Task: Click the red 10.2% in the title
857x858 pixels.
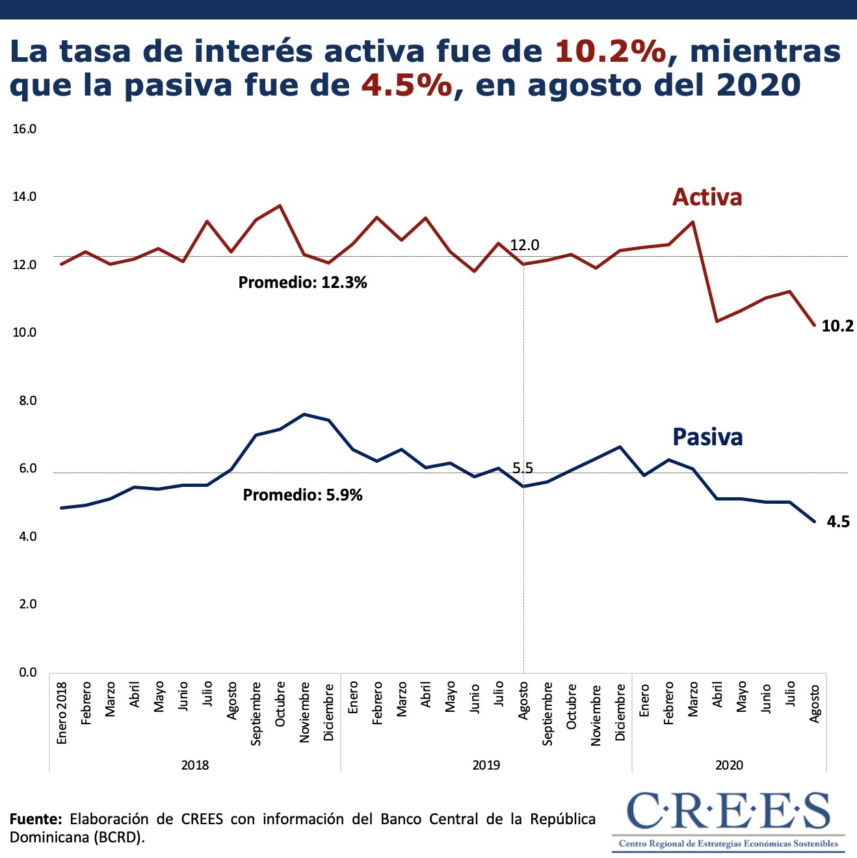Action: point(611,52)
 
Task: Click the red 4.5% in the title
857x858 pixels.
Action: point(406,85)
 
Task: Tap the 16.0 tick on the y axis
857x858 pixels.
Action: point(24,129)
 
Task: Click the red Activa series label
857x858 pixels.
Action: point(707,197)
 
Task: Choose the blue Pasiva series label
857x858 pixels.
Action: point(707,437)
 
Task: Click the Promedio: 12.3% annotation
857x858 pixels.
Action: point(302,283)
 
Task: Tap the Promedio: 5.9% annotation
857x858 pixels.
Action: point(302,495)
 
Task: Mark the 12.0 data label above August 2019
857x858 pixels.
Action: point(524,245)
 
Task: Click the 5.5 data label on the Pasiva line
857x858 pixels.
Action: point(522,468)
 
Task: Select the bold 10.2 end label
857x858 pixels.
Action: point(837,326)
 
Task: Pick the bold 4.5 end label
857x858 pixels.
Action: point(838,521)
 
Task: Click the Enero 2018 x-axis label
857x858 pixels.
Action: point(62,713)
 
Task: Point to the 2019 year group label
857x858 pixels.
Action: point(486,765)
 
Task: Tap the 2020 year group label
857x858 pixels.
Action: point(729,765)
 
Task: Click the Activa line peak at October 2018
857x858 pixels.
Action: point(280,206)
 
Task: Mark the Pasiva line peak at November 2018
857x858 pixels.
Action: point(304,414)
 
